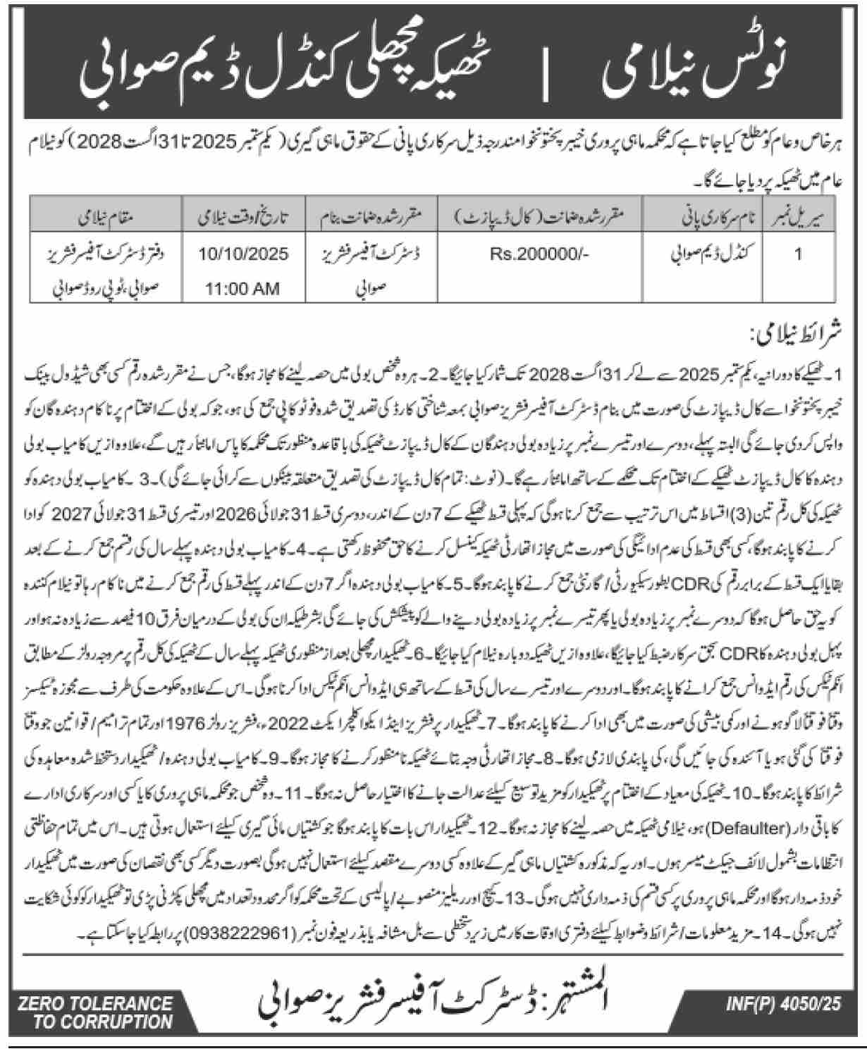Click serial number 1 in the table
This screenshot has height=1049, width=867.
(x=798, y=254)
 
